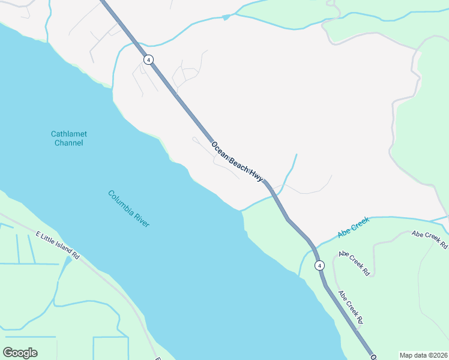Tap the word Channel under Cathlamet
click(68, 143)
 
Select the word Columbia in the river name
click(121, 202)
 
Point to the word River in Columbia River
click(142, 220)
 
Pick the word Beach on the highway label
click(238, 163)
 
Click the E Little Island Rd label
click(58, 245)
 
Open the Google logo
click(20, 352)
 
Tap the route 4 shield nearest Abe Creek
click(319, 265)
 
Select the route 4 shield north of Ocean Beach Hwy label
click(148, 59)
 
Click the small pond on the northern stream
click(226, 17)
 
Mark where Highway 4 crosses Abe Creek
click(314, 245)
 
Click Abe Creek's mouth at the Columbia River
click(299, 276)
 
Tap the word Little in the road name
click(49, 239)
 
